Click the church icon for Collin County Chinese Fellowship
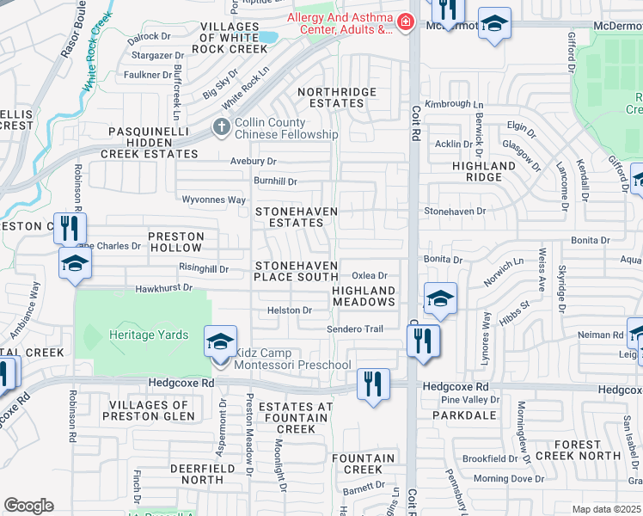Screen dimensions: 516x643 pyautogui.click(x=221, y=129)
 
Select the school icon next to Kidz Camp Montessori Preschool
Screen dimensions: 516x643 pyautogui.click(x=220, y=341)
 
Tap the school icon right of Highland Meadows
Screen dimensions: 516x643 pyautogui.click(x=440, y=298)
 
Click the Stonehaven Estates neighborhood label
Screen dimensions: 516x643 pyautogui.click(x=296, y=217)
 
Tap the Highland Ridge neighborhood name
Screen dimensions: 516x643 pyautogui.click(x=484, y=171)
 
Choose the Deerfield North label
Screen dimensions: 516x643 pyautogui.click(x=197, y=474)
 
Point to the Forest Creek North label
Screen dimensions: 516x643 pyautogui.click(x=577, y=450)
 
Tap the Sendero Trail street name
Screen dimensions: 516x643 pyautogui.click(x=354, y=329)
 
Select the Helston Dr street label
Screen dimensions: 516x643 pyautogui.click(x=289, y=310)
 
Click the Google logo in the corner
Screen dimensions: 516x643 pyautogui.click(x=28, y=506)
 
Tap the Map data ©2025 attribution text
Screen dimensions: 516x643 pyautogui.click(x=606, y=509)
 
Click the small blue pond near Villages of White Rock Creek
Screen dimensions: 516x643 pyautogui.click(x=267, y=38)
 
